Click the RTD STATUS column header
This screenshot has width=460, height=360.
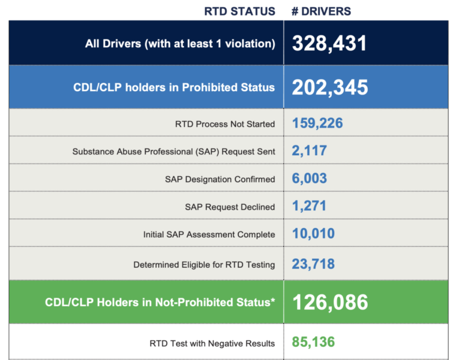(240, 11)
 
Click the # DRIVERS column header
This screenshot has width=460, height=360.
(321, 11)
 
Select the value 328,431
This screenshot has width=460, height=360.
(329, 43)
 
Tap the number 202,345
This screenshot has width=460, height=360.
(330, 87)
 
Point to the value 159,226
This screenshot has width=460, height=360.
(317, 123)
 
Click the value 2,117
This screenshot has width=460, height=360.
(310, 151)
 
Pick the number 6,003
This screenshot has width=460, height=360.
(310, 179)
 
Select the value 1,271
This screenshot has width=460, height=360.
(309, 206)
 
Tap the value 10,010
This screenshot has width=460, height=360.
(313, 234)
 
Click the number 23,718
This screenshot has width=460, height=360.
(313, 264)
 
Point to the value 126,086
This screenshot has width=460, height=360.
(330, 302)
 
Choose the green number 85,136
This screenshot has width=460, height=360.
(313, 343)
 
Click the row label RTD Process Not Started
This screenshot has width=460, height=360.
(225, 124)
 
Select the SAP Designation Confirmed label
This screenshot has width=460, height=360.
(220, 179)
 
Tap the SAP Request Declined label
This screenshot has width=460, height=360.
(230, 207)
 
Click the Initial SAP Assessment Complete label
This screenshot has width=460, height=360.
(209, 234)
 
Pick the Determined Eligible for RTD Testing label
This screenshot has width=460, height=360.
(204, 264)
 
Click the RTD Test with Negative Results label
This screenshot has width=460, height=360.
(212, 343)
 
